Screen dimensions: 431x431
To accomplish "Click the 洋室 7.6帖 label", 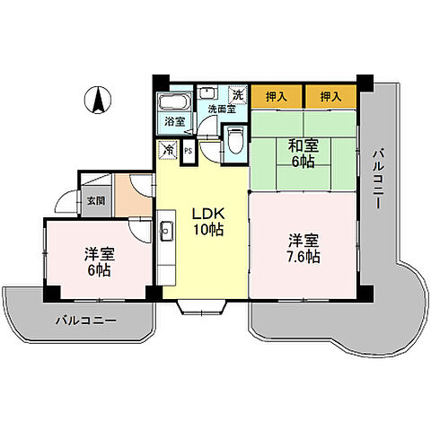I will pos(303,248).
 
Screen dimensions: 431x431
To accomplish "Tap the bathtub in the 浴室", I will pos(173,101).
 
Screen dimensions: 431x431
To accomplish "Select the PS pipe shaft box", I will pos(188,152).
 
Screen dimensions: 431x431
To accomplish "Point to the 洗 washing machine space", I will pos(238,93).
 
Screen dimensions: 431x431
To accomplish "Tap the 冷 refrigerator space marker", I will pos(168,152).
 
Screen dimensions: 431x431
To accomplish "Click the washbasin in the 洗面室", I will pos(207,92).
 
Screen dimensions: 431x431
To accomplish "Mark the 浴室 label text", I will pos(172,121).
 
